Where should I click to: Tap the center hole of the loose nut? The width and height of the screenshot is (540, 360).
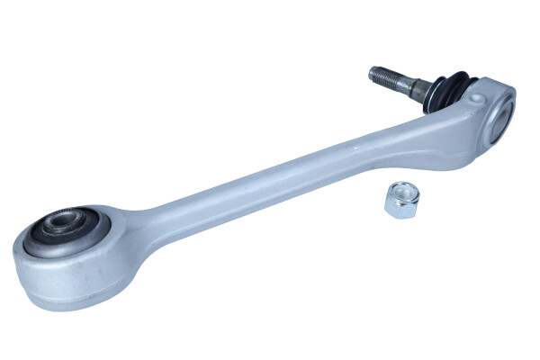click(401, 191)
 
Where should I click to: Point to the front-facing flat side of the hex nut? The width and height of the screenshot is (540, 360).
click(395, 206)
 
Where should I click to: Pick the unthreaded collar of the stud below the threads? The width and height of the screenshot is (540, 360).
click(418, 86)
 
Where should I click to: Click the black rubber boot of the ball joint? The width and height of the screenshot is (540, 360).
click(446, 90)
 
